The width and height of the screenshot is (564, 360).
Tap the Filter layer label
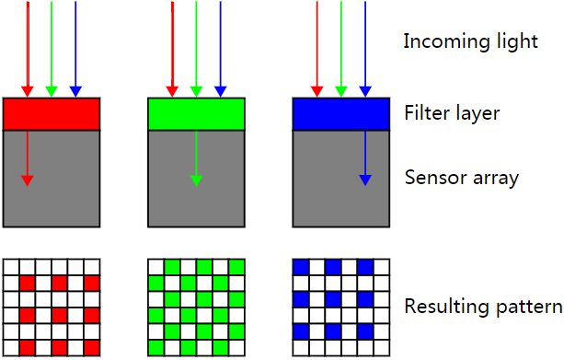[452, 114]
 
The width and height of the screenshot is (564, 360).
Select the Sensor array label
[462, 177]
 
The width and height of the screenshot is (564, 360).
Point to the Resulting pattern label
[483, 307]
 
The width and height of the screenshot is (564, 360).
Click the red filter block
[52, 113]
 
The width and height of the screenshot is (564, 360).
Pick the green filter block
[196, 113]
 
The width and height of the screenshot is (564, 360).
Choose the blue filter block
[340, 113]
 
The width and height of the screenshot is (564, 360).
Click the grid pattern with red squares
[52, 307]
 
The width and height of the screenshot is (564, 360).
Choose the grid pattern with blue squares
[340, 307]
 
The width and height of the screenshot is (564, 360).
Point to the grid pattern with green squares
[196, 307]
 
